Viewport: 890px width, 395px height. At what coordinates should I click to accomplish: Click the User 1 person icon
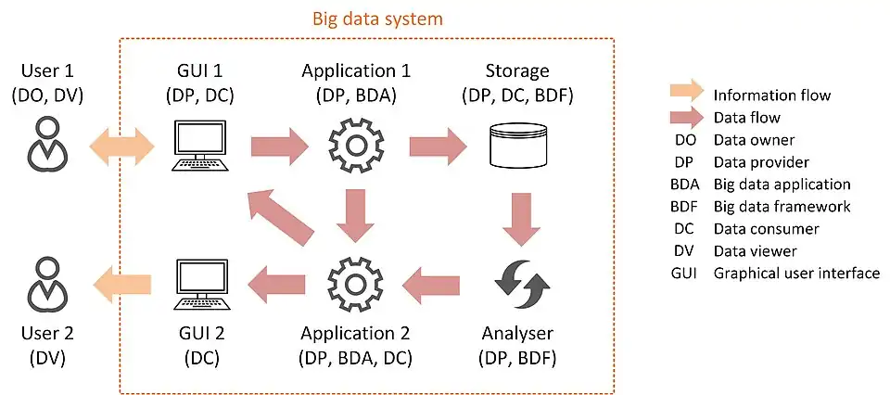(x=44, y=144)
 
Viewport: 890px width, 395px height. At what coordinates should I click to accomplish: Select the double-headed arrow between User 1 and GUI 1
(x=121, y=146)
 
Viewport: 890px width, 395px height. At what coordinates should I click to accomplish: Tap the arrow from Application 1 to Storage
(x=438, y=146)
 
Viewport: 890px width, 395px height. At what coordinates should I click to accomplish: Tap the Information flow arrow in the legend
(x=686, y=95)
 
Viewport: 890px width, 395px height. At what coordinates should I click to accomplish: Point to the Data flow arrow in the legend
(x=686, y=118)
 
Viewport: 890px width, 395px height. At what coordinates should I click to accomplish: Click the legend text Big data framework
(x=782, y=206)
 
